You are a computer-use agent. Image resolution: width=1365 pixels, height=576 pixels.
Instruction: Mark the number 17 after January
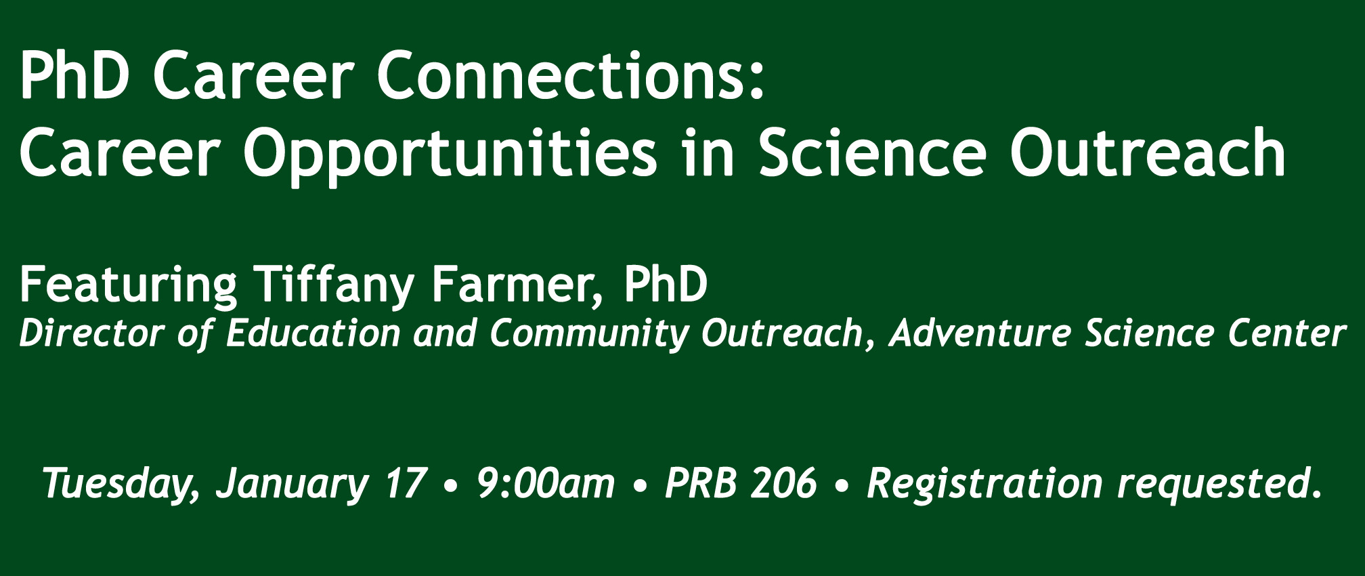tap(406, 482)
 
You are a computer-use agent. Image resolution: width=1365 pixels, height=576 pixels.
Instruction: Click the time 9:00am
tap(546, 482)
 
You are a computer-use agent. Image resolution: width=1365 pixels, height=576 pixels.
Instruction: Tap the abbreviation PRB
tap(700, 482)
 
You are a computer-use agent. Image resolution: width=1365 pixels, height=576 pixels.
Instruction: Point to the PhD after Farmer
tap(666, 285)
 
